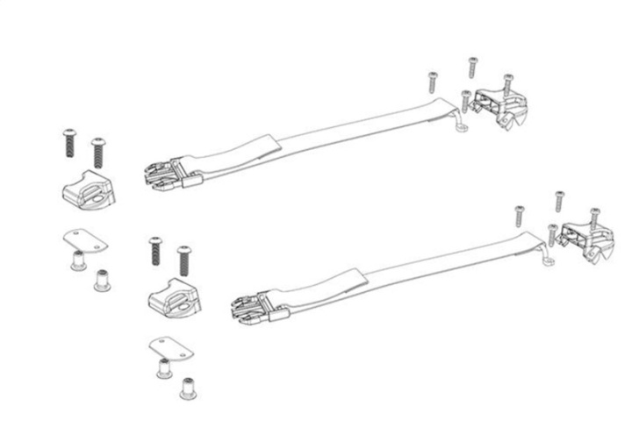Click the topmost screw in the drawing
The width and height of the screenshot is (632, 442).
pyautogui.click(x=472, y=66)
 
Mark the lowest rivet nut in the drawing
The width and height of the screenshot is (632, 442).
pyautogui.click(x=187, y=388)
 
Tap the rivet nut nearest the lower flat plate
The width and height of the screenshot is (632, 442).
pyautogui.click(x=163, y=368)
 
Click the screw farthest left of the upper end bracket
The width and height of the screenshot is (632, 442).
pyautogui.click(x=432, y=81)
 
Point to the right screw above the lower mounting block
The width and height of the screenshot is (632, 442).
pyautogui.click(x=183, y=260)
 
